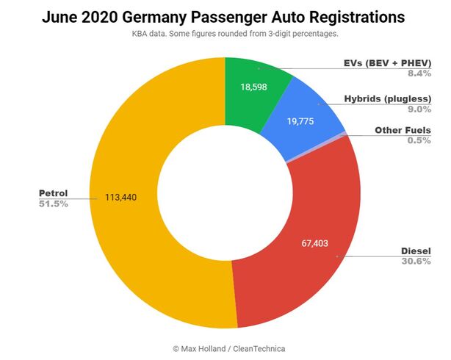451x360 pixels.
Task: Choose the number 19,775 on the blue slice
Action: coord(302,120)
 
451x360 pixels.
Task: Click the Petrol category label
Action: coord(53,193)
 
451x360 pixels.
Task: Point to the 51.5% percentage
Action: coord(53,204)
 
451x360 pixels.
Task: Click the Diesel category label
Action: coord(416,251)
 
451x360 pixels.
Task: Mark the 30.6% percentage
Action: coord(416,262)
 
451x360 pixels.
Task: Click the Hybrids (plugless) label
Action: coord(388,98)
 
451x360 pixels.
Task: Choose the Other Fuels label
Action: coord(403,130)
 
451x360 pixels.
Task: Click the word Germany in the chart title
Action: coord(187,16)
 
